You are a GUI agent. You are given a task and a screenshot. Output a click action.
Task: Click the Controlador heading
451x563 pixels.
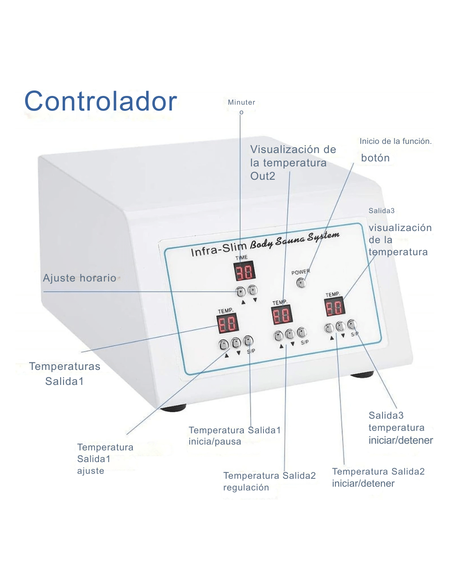click(x=101, y=101)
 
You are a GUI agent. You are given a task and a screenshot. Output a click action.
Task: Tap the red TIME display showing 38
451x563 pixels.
click(x=244, y=272)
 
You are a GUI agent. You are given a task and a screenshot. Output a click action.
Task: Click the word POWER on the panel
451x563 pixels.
click(x=300, y=272)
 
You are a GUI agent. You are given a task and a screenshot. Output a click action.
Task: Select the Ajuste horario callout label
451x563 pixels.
click(x=80, y=278)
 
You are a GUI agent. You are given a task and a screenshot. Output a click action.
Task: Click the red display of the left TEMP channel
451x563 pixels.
click(x=227, y=323)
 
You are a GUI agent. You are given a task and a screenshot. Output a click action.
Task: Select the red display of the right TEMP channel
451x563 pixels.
click(x=334, y=307)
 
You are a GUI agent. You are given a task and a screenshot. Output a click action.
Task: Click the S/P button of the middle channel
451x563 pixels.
click(x=302, y=333)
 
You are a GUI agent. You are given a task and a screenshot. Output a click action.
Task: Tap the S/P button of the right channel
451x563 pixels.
click(x=352, y=324)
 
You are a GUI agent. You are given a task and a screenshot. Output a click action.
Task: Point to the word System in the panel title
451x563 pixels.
click(x=323, y=236)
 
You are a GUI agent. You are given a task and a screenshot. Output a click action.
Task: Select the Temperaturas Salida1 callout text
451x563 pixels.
click(x=65, y=374)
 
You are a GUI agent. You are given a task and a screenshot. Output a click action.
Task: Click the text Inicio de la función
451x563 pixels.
click(x=395, y=141)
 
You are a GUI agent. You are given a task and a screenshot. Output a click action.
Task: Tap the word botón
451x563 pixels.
click(x=375, y=158)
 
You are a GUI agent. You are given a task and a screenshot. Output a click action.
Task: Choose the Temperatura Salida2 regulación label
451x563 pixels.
click(x=269, y=481)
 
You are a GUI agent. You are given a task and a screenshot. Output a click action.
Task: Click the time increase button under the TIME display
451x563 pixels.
click(x=241, y=292)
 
